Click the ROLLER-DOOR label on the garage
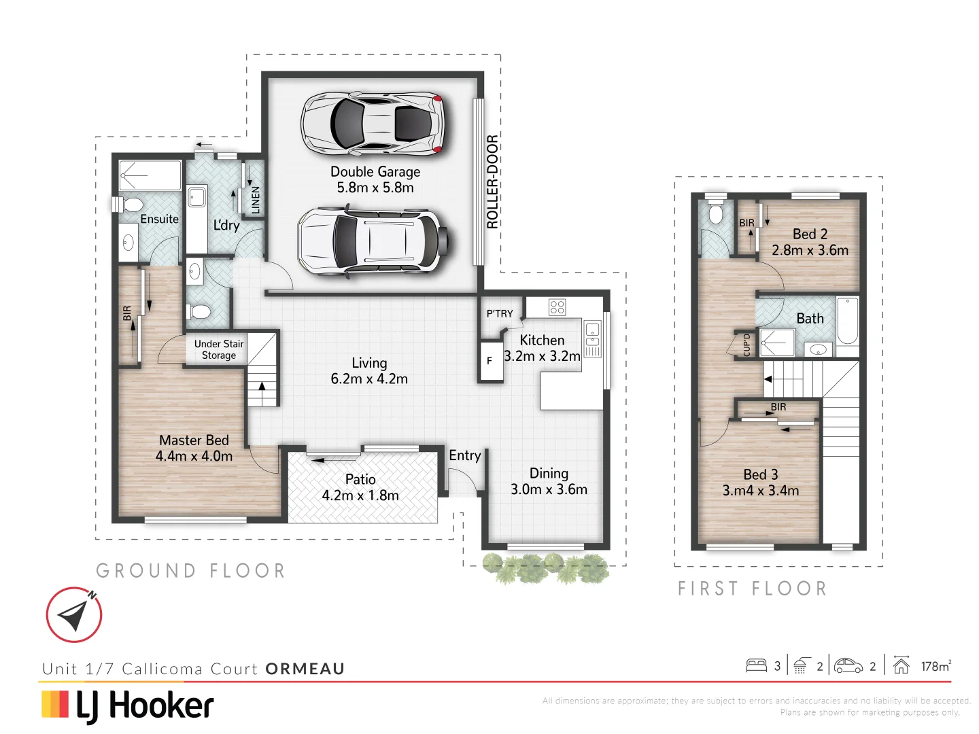pyautogui.click(x=492, y=181)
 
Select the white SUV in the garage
pyautogui.click(x=373, y=241)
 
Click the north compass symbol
pyautogui.click(x=74, y=614)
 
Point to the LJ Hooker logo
pyautogui.click(x=128, y=705)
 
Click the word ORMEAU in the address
pyautogui.click(x=305, y=669)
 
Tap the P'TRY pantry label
pyautogui.click(x=500, y=313)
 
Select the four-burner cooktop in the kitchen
pyautogui.click(x=557, y=307)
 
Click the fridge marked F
pyautogui.click(x=489, y=361)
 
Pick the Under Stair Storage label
pyautogui.click(x=218, y=349)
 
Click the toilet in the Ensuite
pyautogui.click(x=129, y=205)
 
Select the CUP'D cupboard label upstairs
pyautogui.click(x=746, y=345)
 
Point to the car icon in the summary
pyautogui.click(x=848, y=665)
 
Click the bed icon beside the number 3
pyautogui.click(x=756, y=665)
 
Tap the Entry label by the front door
pyautogui.click(x=465, y=455)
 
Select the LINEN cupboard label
pyautogui.click(x=256, y=200)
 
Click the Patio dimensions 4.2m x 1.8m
pyautogui.click(x=360, y=495)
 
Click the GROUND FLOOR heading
pyautogui.click(x=190, y=571)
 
